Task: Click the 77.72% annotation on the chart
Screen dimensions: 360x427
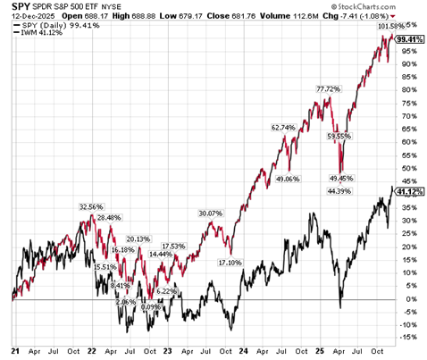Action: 330,89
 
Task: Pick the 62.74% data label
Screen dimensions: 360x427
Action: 282,128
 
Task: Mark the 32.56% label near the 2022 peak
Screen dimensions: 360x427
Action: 92,206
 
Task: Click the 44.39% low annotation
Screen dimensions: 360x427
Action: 339,190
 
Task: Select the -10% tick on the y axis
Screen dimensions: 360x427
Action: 406,325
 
